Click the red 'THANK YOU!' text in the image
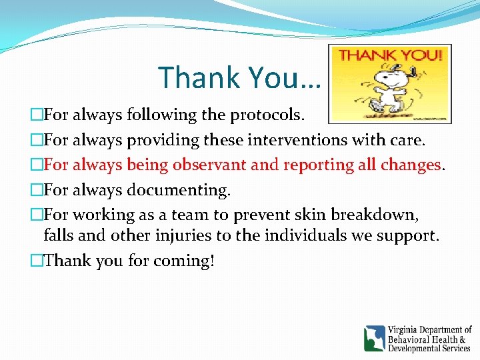pos(390,55)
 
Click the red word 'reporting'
pos(317,165)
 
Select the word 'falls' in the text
pos(59,236)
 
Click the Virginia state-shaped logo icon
pos(374,338)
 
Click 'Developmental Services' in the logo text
pos(430,348)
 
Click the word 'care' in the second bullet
pos(409,140)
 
